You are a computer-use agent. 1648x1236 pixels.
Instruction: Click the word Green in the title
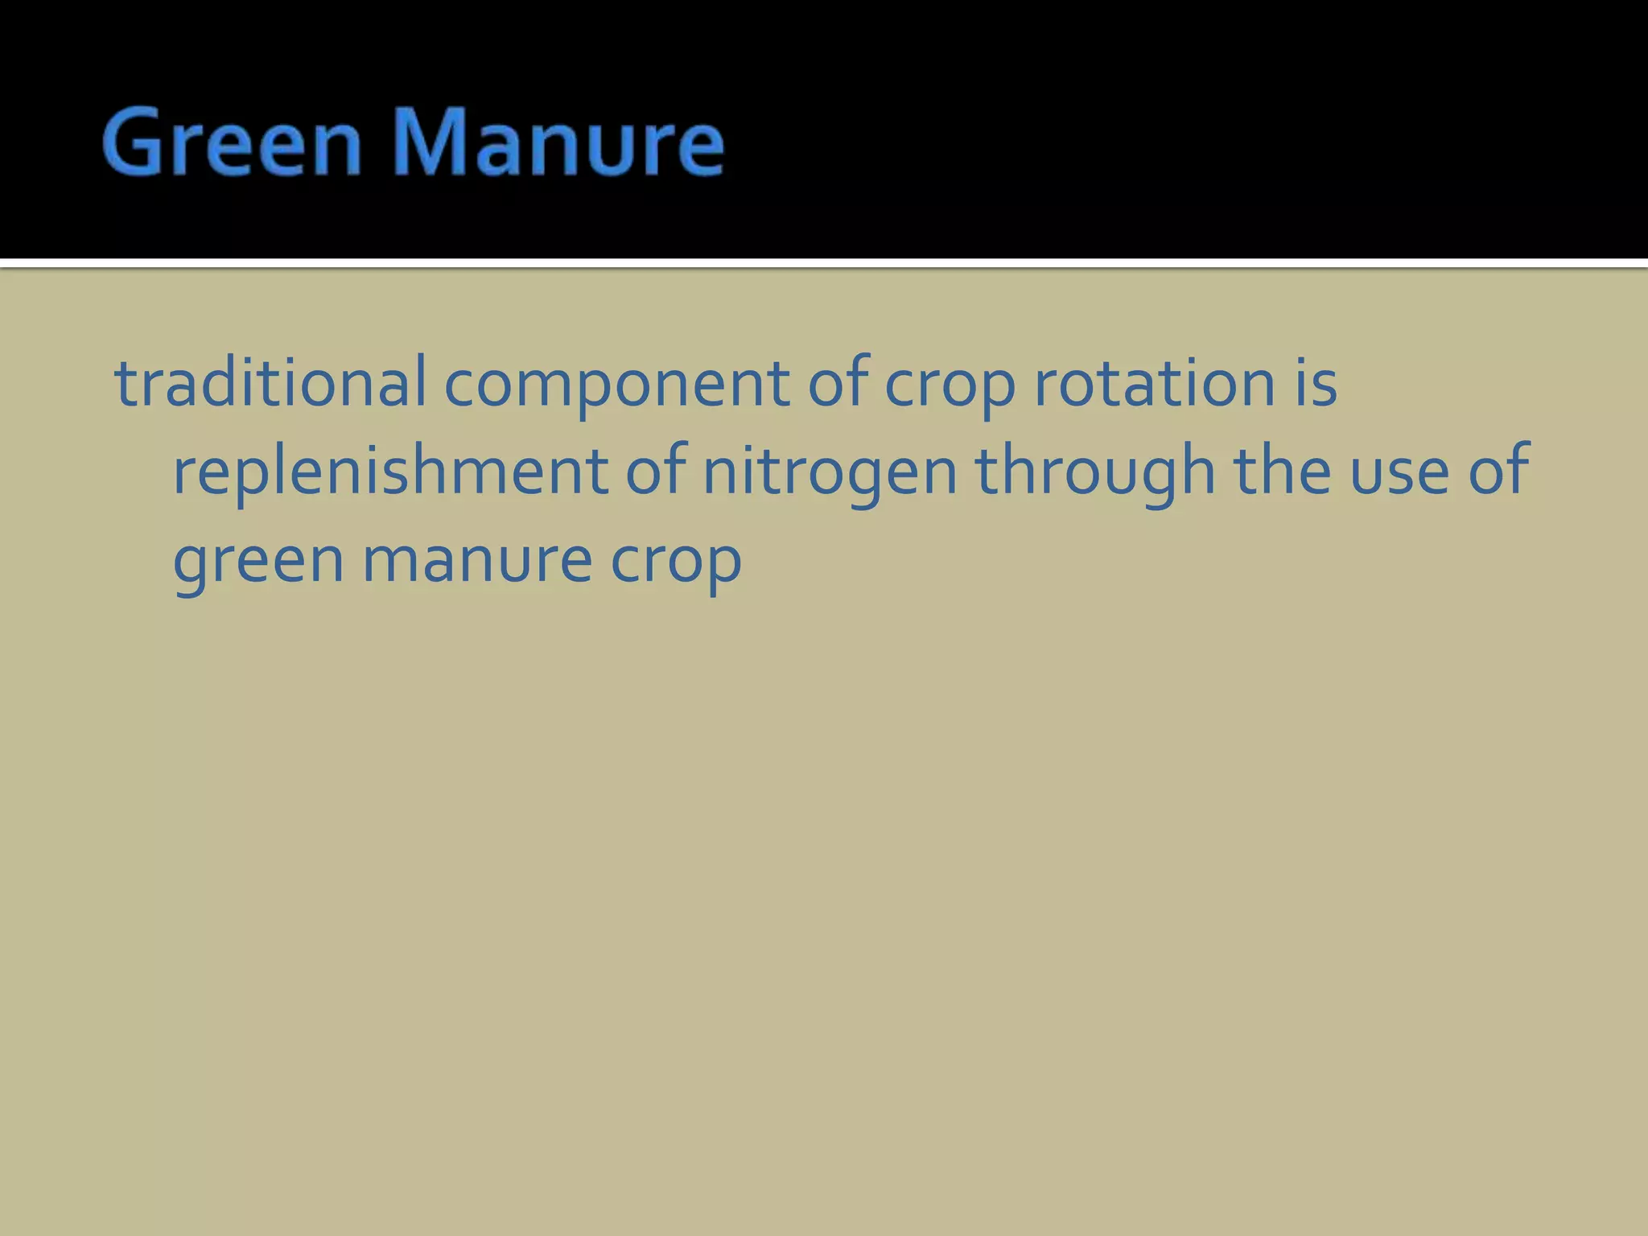(x=232, y=143)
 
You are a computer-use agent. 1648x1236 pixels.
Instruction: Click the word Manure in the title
(x=558, y=143)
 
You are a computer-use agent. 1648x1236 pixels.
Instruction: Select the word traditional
(x=270, y=383)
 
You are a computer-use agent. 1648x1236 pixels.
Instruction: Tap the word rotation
(x=1155, y=383)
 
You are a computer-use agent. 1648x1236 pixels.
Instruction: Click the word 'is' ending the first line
(x=1316, y=383)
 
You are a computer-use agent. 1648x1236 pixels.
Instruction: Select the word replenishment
(x=390, y=472)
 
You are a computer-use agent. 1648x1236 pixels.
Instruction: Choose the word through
(x=1095, y=473)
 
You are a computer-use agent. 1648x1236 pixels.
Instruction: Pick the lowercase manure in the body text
(x=477, y=560)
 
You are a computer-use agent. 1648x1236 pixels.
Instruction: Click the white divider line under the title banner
(x=824, y=263)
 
